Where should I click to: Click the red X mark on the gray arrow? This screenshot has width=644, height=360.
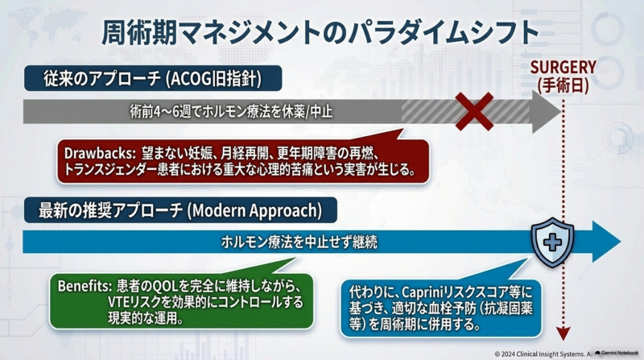coord(474,111)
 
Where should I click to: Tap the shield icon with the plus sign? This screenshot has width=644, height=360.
coord(552,242)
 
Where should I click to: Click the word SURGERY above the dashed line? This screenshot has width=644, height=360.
coord(563,68)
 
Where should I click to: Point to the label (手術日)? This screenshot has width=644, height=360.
coord(563,85)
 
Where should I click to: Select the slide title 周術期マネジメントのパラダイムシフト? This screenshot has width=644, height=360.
coord(320,32)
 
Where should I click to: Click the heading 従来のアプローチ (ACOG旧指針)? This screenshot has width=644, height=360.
coord(152,78)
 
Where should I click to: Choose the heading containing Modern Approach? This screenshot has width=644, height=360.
coord(180,210)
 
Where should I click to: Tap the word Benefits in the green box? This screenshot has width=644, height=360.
coord(85,286)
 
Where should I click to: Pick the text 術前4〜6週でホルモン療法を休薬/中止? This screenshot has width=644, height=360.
coord(231,111)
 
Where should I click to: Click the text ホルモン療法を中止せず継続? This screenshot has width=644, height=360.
coord(299,242)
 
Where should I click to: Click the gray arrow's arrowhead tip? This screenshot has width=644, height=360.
coord(560,111)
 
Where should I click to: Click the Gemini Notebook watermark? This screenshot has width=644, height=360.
coord(617,353)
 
